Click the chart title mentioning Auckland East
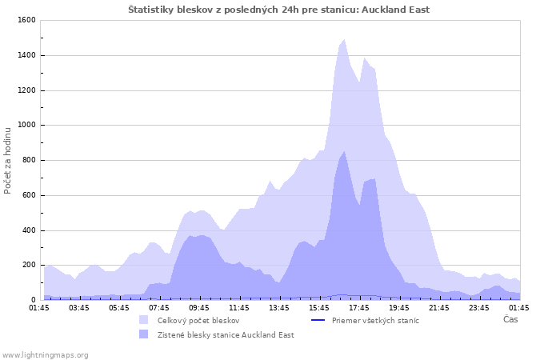(279, 10)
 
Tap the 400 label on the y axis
(28, 230)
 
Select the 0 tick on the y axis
(33, 301)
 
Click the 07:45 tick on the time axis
(159, 307)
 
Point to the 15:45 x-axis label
(319, 307)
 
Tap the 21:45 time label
(439, 307)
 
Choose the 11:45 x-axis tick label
(239, 307)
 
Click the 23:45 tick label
(479, 307)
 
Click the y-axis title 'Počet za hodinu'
(8, 160)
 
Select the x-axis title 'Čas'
(510, 319)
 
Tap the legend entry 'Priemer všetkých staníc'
(375, 320)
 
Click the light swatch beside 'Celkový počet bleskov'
(143, 320)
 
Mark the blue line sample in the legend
(318, 320)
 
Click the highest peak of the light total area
(344, 40)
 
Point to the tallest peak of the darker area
(344, 152)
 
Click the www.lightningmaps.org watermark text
(46, 354)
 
